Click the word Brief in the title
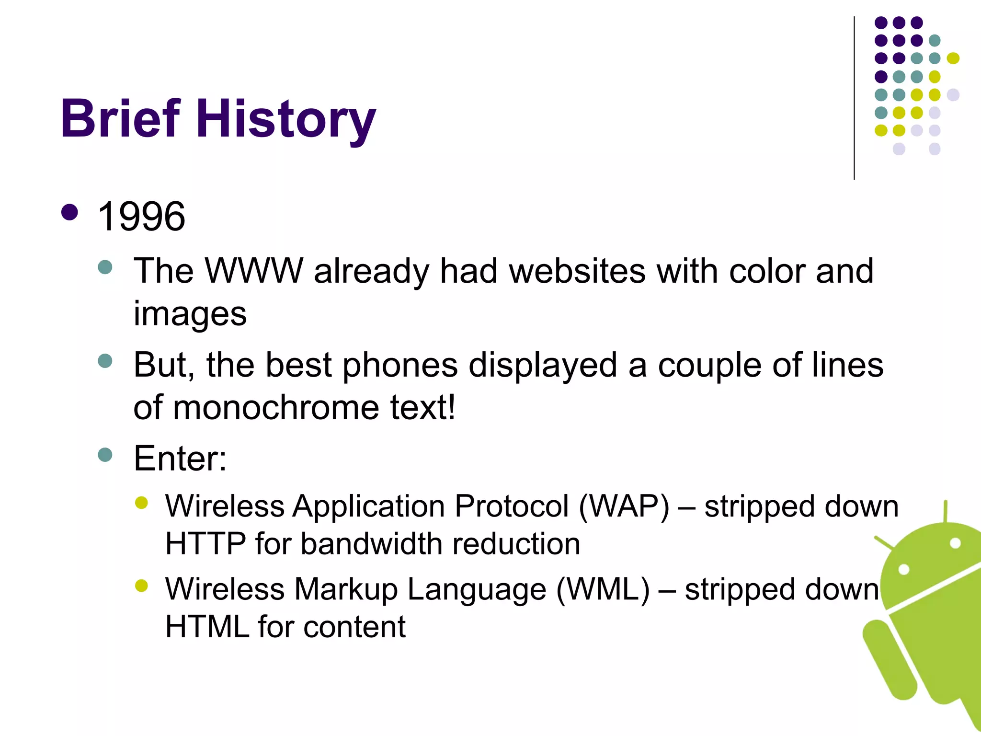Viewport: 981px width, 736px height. (x=121, y=119)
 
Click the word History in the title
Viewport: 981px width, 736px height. (x=286, y=120)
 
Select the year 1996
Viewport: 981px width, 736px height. (x=141, y=217)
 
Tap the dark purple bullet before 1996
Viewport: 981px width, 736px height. (x=70, y=212)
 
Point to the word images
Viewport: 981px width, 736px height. (x=190, y=314)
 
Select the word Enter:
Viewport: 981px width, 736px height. (x=180, y=459)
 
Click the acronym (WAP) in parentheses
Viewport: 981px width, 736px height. (x=624, y=506)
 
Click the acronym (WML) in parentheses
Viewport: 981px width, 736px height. (x=603, y=589)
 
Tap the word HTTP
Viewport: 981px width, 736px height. (x=205, y=544)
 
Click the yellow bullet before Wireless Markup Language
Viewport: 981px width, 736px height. (x=141, y=586)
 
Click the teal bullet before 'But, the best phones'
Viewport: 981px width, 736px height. (x=105, y=361)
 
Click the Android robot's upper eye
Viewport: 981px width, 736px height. (x=955, y=543)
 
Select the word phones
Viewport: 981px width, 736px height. (x=400, y=365)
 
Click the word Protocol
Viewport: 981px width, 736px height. (x=512, y=506)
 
